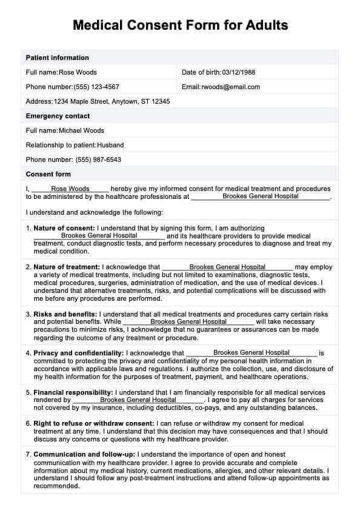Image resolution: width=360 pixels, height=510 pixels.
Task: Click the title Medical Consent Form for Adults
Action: [180, 25]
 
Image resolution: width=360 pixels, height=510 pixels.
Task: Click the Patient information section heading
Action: [57, 58]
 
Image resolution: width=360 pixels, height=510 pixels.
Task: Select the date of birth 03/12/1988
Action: [239, 72]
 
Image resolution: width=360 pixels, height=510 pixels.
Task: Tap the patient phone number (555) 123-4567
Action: [96, 87]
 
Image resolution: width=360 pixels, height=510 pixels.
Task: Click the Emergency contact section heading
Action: [58, 116]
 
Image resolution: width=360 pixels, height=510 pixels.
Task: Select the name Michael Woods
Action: [81, 130]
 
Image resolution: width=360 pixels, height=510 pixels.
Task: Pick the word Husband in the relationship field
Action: [110, 145]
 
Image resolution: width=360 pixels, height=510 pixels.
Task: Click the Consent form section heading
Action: [48, 174]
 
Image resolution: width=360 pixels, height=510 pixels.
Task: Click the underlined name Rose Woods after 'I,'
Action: [70, 189]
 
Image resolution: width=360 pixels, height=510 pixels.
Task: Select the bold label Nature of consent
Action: [64, 228]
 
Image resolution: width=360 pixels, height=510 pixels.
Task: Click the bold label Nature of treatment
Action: [67, 267]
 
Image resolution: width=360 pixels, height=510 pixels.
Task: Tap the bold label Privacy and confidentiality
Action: [79, 353]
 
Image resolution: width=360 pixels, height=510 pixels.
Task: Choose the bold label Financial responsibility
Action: [73, 392]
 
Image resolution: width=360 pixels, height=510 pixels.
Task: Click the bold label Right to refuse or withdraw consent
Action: [94, 423]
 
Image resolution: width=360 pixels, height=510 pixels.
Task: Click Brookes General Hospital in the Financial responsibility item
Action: [138, 400]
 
